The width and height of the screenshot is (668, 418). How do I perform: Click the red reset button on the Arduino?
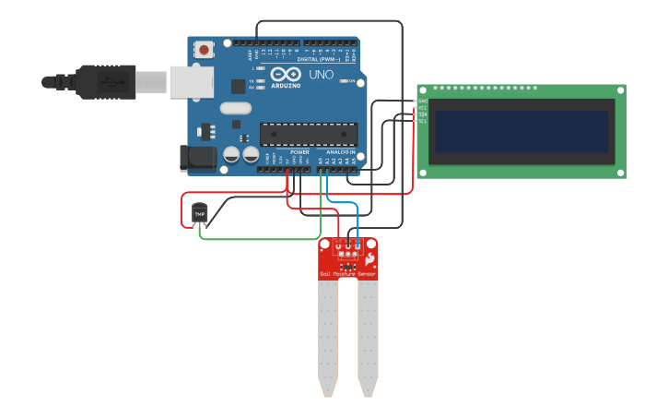click(203, 48)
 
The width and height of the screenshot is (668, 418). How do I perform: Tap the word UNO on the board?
click(322, 75)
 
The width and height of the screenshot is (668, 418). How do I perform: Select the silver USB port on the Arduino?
click(191, 81)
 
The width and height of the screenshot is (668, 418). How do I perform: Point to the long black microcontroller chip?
click(308, 135)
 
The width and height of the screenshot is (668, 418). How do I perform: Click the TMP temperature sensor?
click(200, 214)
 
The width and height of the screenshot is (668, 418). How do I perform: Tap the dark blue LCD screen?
click(522, 132)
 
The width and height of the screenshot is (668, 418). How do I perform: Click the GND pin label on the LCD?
click(423, 102)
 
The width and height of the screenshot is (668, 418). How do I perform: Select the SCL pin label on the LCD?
click(423, 121)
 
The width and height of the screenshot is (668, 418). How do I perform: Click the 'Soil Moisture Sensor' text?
click(347, 274)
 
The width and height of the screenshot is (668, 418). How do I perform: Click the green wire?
click(258, 239)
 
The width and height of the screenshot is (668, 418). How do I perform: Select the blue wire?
click(343, 202)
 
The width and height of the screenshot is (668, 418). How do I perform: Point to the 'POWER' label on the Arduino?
click(299, 151)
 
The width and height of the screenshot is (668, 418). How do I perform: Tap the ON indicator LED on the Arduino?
click(343, 81)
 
